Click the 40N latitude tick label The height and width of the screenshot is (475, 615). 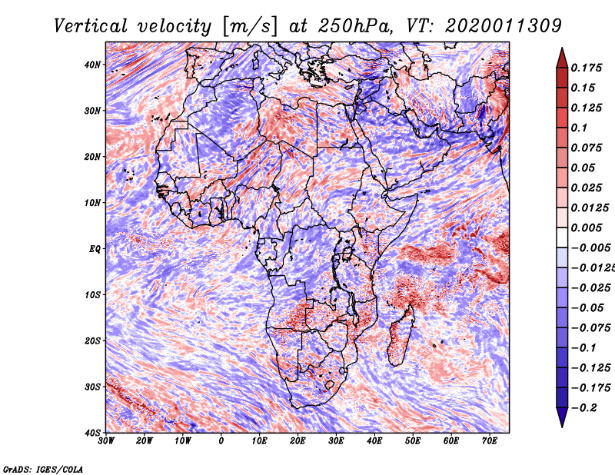[92, 65]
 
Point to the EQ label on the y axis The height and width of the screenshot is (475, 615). [95, 249]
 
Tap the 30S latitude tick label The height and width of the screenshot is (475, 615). [92, 387]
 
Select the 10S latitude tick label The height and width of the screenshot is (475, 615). [92, 295]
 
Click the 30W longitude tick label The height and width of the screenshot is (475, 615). [106, 441]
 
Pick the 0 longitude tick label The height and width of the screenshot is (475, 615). [221, 441]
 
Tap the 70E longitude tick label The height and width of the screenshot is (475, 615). [490, 441]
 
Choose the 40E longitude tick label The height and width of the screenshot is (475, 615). [374, 441]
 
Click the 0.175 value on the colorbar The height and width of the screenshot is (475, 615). [586, 68]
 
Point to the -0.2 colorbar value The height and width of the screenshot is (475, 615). [583, 408]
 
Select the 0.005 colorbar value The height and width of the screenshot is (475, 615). [586, 228]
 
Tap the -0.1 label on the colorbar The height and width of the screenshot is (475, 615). [583, 348]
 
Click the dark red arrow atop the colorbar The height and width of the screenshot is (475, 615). [562, 58]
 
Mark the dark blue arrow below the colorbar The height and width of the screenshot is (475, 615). [562, 417]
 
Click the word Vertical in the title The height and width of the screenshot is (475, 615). [91, 26]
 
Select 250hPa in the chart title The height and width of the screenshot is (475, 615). [355, 26]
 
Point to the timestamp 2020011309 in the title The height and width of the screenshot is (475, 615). [504, 26]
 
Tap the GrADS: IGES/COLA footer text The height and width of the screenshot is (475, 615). [43, 469]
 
